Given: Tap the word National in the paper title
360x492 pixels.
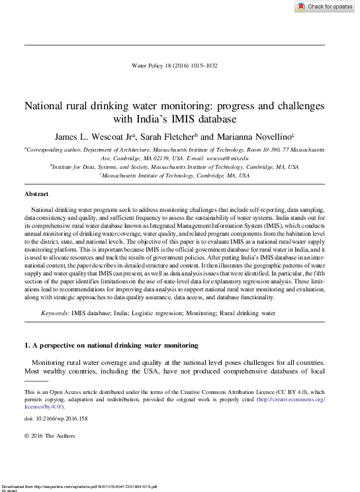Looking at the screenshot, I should tap(46, 106).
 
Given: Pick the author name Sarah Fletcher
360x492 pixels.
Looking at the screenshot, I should tap(167, 137).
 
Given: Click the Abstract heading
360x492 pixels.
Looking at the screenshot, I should tap(36, 194).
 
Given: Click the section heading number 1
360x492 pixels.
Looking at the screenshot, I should tap(26, 346).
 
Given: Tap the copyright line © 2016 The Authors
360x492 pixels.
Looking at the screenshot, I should tap(50, 436).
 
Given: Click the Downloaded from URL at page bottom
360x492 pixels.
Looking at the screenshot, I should tap(79, 487).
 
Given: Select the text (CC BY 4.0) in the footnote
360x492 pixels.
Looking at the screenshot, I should tap(292, 392).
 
